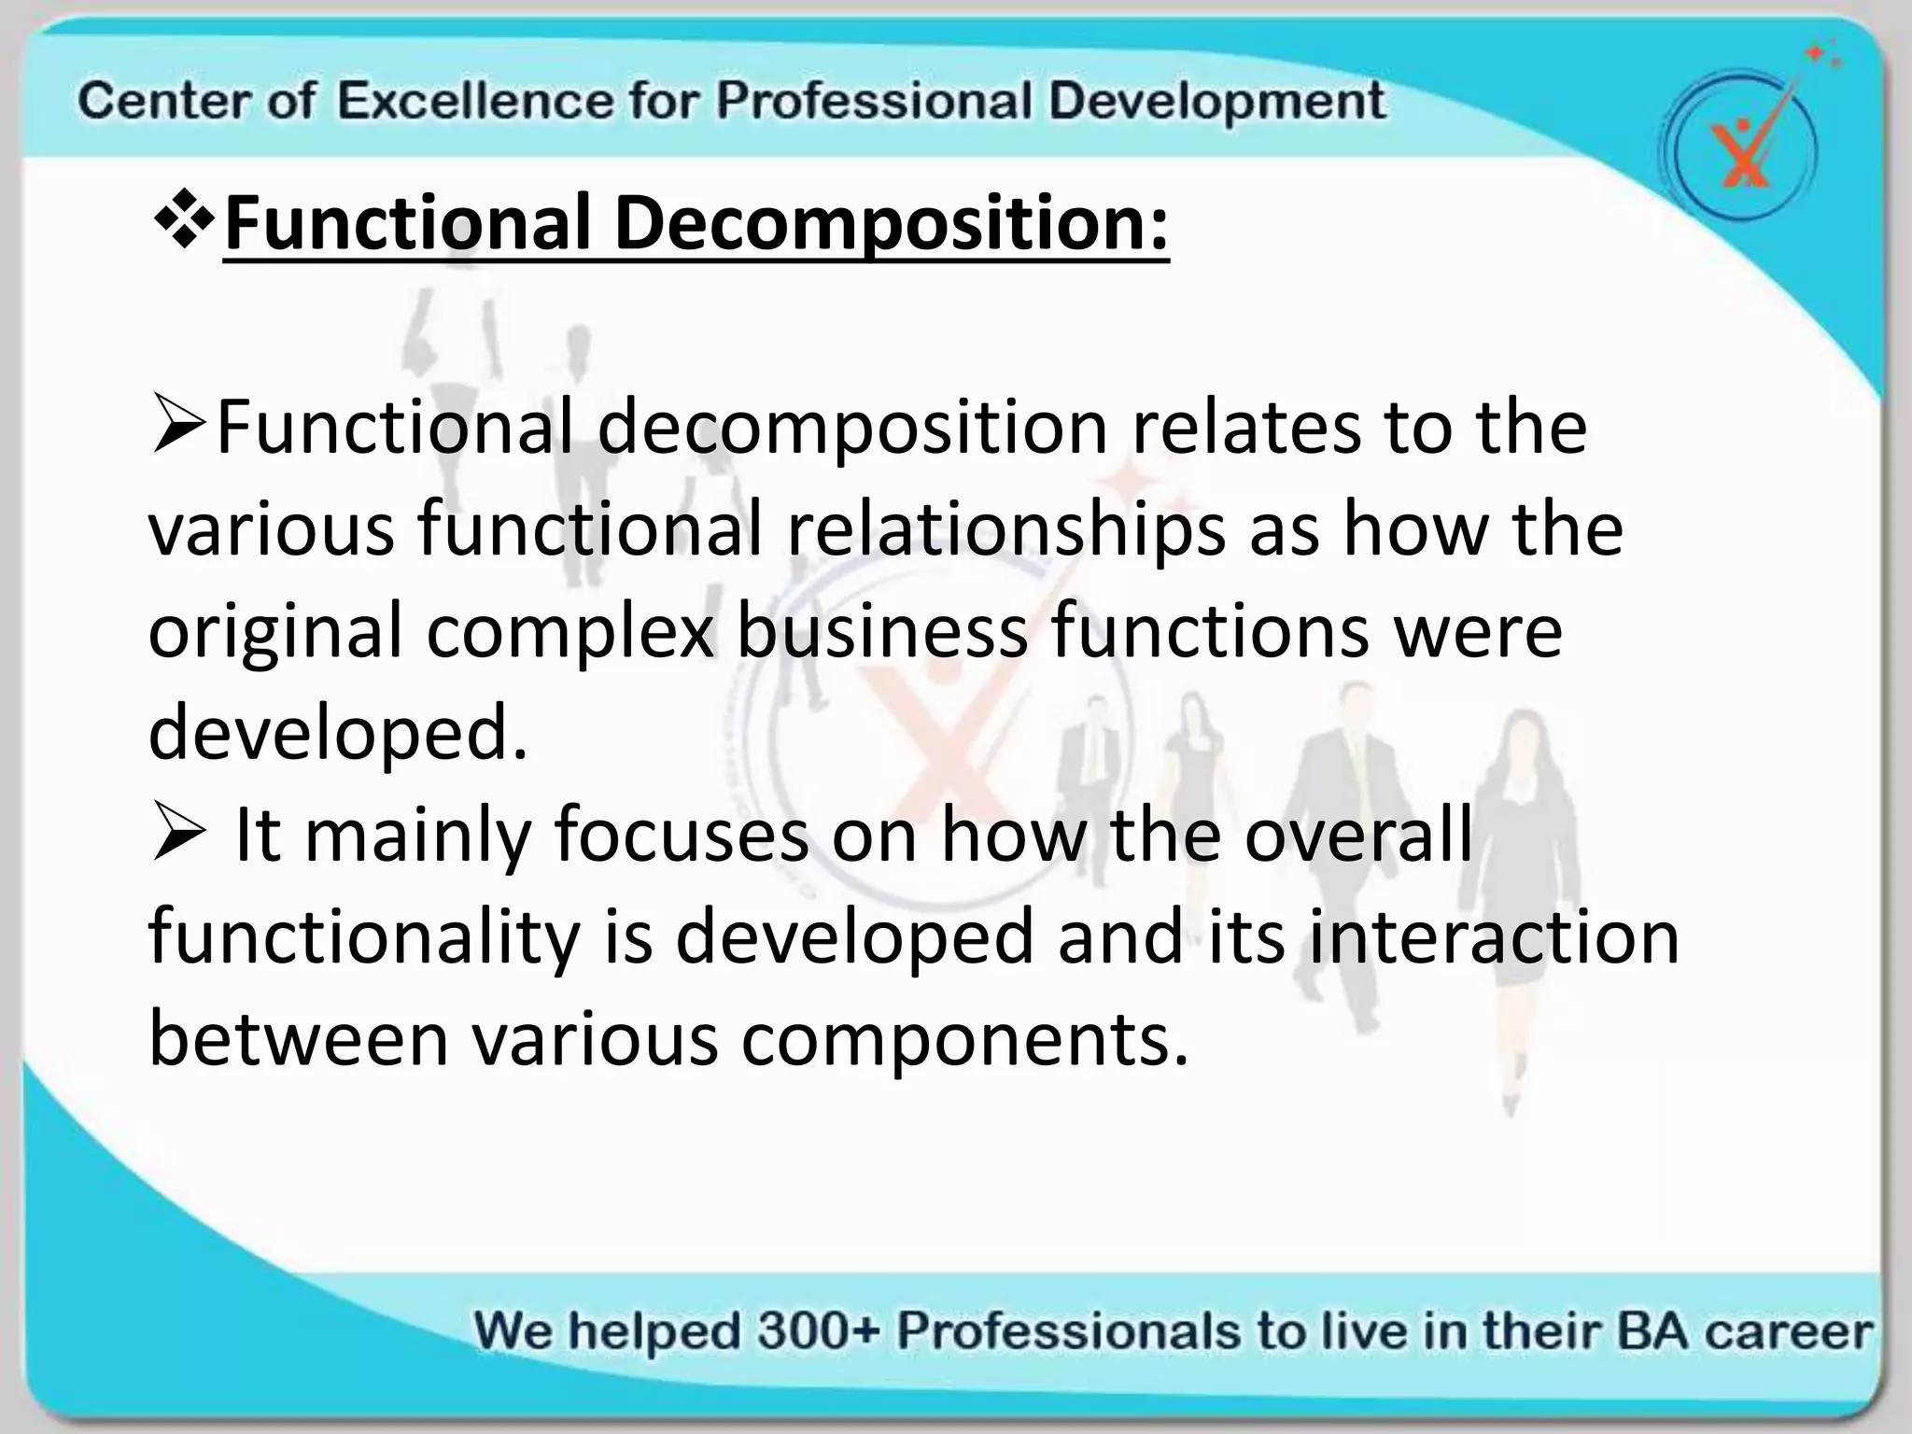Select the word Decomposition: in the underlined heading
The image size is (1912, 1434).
891,224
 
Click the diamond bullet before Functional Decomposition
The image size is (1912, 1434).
183,222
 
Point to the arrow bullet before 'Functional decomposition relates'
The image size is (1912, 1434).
179,429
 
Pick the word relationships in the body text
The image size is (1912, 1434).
1005,529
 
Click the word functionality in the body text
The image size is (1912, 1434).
364,937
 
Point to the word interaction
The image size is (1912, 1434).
1494,937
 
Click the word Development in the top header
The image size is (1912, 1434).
1216,101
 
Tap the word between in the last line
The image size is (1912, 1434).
299,1040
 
